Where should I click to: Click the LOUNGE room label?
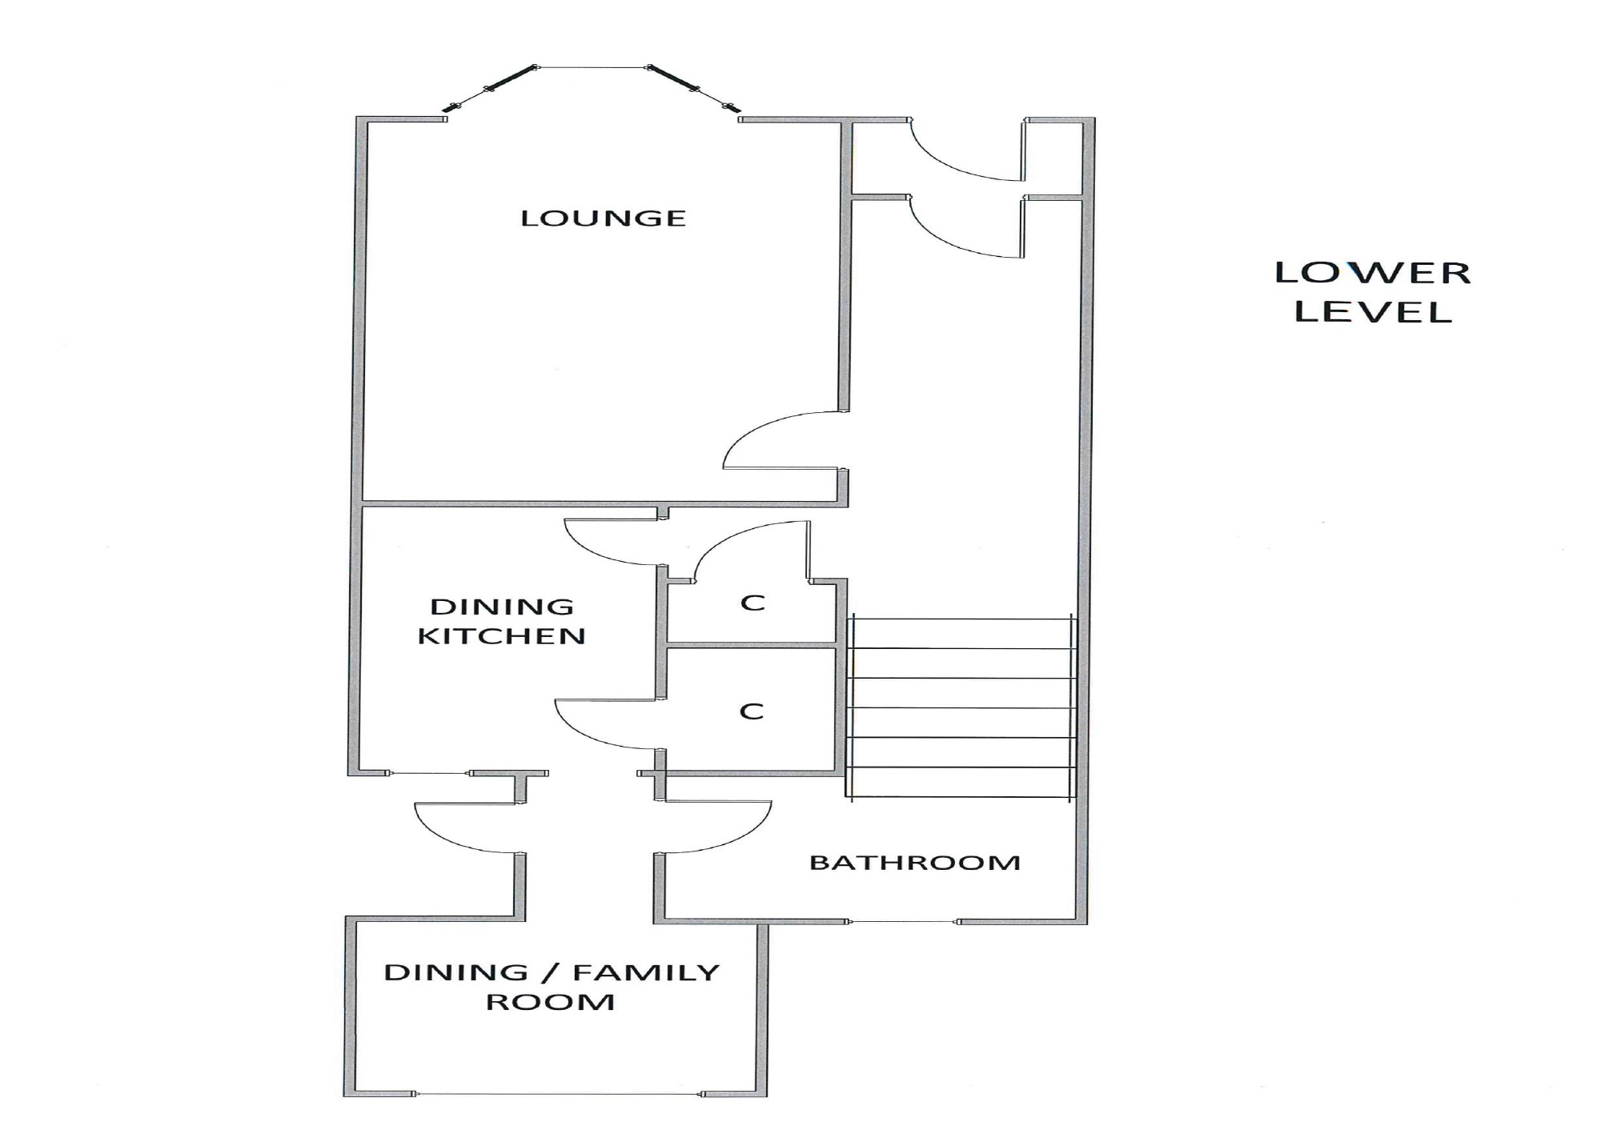coord(604,218)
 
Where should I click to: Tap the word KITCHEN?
coord(502,636)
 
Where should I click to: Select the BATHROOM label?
coord(915,863)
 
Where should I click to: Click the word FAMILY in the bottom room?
coord(646,972)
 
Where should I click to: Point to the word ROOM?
coord(551,1002)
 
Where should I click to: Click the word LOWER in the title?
coord(1373,273)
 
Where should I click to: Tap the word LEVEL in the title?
coord(1373,311)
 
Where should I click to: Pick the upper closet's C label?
coord(752,603)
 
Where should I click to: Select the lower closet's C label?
coord(752,711)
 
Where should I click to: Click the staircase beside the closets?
coord(961,707)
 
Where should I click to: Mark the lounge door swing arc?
coord(783,440)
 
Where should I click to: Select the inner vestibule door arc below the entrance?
coord(967,227)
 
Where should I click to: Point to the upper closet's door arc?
coord(750,550)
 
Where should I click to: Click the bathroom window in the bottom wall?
coord(903,922)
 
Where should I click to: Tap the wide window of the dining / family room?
coord(559,1094)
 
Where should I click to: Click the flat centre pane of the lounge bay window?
coord(592,67)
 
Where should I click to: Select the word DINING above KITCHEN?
coord(502,607)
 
